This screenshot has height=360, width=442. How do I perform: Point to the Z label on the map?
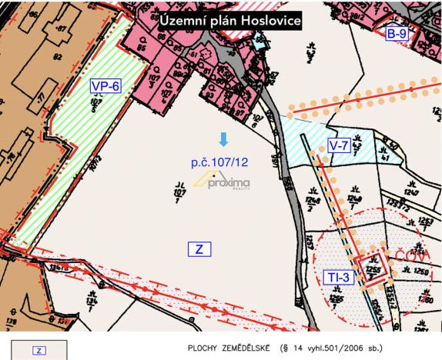[199, 249]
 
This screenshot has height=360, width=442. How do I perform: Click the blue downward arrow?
[223, 139]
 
